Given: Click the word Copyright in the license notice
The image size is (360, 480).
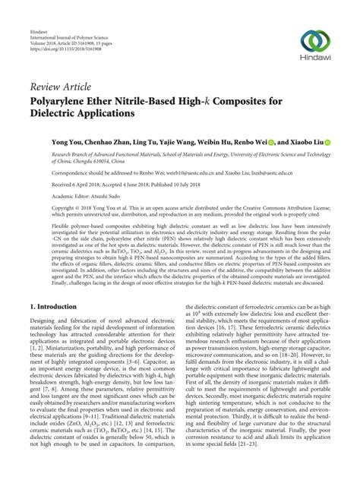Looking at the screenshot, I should tap(44, 207).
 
